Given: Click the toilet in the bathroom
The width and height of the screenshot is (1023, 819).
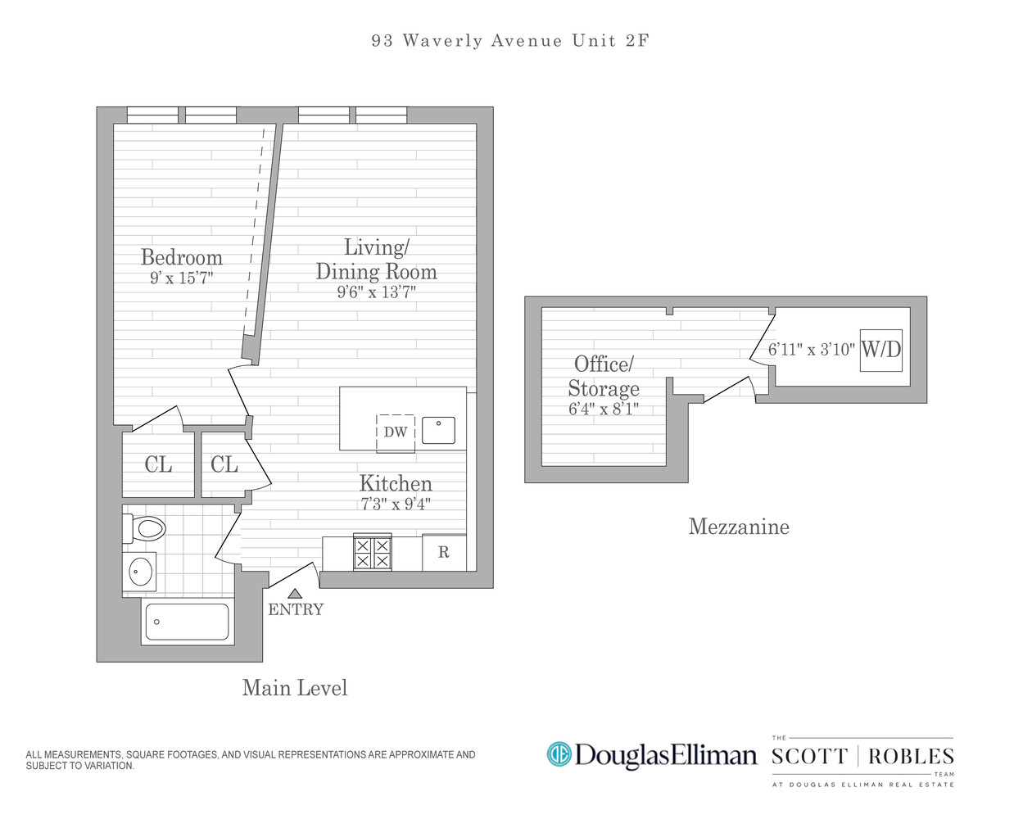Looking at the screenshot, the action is (x=146, y=528).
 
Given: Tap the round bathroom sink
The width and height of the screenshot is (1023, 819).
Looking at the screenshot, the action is (x=141, y=570).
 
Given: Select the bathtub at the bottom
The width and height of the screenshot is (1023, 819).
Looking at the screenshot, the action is (x=187, y=622).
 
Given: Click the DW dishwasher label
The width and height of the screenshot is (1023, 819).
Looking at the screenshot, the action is (x=396, y=432).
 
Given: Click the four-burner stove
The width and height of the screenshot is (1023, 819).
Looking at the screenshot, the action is (x=373, y=552).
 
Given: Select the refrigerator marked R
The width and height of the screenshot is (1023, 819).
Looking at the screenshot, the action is (x=444, y=553).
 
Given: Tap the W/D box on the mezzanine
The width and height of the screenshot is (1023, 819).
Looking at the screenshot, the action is (x=881, y=350).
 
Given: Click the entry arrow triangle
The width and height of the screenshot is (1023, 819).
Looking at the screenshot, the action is (x=295, y=593).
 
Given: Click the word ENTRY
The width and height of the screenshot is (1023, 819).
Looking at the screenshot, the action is (x=296, y=609).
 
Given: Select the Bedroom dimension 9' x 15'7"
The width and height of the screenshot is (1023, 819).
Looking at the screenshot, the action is (x=182, y=278).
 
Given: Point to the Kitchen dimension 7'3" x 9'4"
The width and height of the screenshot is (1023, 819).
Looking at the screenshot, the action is (x=396, y=504).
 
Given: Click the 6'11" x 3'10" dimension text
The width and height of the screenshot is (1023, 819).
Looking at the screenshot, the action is (x=811, y=350).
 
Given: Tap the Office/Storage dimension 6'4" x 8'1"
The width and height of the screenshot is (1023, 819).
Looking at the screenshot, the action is (x=604, y=409).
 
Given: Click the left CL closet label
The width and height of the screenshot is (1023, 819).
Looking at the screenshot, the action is (x=158, y=465).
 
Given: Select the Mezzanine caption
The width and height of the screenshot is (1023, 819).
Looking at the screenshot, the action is (x=739, y=527).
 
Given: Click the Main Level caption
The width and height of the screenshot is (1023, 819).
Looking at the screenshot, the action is (x=295, y=688).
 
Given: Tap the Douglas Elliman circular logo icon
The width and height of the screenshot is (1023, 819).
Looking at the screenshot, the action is (x=559, y=753).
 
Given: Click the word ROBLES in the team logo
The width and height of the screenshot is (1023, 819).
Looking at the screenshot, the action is (x=911, y=757).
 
